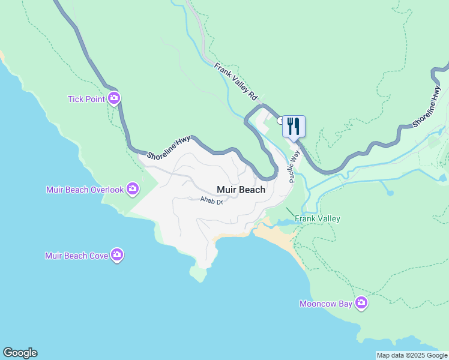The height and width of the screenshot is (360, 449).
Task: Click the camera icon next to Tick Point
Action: [114, 98]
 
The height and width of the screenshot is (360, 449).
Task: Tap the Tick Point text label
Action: [86, 99]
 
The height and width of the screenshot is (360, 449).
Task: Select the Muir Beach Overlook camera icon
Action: [133, 190]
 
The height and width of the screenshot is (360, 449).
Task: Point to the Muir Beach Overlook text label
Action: [85, 190]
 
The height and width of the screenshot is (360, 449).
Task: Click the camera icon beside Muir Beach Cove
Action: [117, 255]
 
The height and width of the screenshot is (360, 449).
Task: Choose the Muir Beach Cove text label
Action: [77, 256]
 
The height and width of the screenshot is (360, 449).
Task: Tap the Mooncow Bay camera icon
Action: [361, 303]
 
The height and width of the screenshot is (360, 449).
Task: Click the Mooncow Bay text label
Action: [326, 304]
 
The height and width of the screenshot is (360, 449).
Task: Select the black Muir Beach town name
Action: [241, 190]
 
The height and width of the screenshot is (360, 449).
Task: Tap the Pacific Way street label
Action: [294, 166]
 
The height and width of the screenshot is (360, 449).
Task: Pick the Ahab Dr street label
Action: [211, 201]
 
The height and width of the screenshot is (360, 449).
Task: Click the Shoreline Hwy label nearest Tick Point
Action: [169, 147]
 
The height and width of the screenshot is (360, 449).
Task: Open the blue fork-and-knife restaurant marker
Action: [294, 126]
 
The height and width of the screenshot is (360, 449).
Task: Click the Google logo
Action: [20, 353]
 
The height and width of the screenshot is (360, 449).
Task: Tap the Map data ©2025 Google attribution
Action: [412, 355]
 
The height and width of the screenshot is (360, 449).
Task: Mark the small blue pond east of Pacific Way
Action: [390, 193]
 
